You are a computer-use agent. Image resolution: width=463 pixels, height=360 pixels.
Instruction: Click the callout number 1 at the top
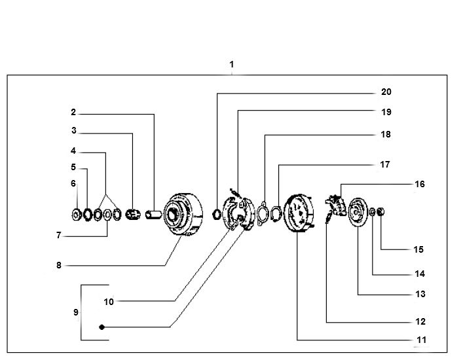(232, 65)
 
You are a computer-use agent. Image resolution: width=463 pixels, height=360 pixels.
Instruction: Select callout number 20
(386, 92)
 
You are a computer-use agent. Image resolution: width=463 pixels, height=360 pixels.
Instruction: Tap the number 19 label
(386, 112)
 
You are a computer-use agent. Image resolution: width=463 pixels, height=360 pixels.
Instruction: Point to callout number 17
(386, 165)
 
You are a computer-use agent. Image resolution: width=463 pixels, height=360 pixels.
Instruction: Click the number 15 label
(418, 249)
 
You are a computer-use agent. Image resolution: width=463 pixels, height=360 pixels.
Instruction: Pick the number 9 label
(76, 313)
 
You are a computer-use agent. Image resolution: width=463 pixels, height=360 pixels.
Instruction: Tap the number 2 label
(73, 113)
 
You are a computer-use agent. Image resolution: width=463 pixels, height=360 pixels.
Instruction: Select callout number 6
(73, 184)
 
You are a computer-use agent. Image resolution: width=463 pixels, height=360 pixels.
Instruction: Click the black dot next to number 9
(102, 327)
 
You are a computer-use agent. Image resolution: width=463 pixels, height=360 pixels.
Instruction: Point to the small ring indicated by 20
(217, 212)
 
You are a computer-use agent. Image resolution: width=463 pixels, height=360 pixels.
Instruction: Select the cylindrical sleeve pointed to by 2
(154, 213)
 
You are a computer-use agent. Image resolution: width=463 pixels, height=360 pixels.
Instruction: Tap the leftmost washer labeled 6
(77, 213)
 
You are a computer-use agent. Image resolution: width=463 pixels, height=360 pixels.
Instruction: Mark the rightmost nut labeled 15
(382, 212)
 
